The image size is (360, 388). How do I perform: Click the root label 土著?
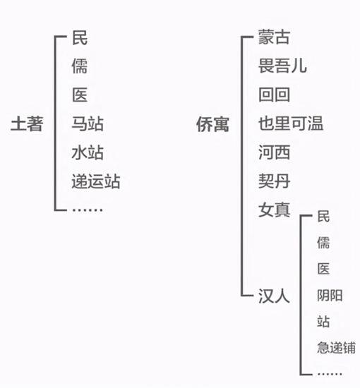27,123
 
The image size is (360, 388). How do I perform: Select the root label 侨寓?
212,124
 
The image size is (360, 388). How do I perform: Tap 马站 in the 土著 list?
88,123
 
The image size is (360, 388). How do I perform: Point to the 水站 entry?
88,152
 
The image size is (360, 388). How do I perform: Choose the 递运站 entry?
96,181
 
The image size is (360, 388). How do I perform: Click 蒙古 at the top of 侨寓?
274,37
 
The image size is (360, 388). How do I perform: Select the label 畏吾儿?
283,66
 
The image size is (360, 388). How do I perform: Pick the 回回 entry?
274,95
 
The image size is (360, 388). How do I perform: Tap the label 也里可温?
291,123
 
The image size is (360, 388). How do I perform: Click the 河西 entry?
274,152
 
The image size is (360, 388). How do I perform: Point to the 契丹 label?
274,181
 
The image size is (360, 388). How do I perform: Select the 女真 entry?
274,210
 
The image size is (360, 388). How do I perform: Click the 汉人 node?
274,296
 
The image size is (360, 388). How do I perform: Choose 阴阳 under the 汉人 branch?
330,296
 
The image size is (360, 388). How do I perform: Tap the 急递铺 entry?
336,347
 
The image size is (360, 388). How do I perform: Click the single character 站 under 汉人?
323,322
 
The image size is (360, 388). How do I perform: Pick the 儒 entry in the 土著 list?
80,66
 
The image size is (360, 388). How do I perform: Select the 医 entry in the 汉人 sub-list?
323,269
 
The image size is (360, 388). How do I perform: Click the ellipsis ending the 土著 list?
87,210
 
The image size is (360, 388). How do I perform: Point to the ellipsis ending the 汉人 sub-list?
330,374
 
